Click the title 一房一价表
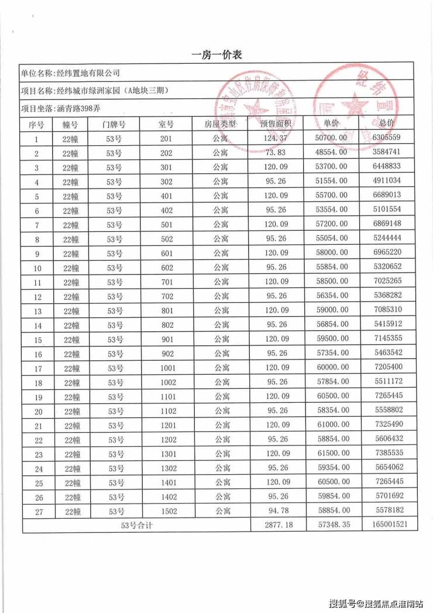[x=216, y=55]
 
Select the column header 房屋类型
[x=220, y=124]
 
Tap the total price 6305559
[x=386, y=138]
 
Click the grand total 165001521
[x=386, y=525]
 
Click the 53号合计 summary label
[x=136, y=525]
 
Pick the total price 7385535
[x=386, y=454]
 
